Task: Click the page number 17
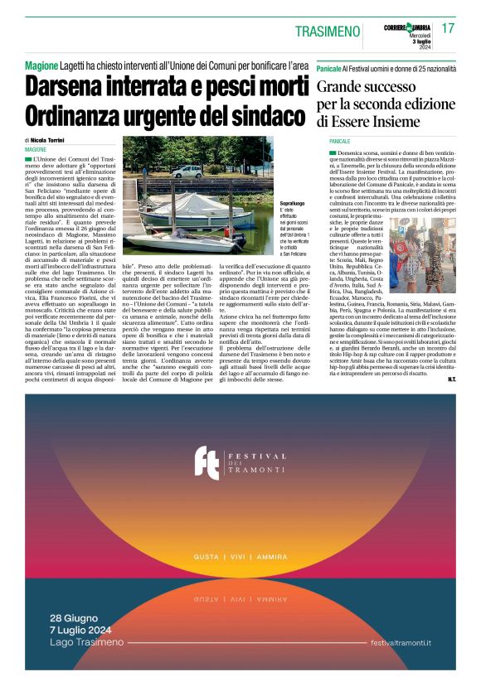coord(448,28)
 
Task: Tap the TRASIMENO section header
coord(330,31)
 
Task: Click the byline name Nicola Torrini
coord(52,141)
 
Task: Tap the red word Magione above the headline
coord(41,65)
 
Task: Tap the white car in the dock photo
coord(187,172)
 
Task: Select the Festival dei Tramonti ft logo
coord(206,462)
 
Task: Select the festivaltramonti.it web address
coord(401,644)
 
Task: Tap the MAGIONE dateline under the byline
coord(36,149)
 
